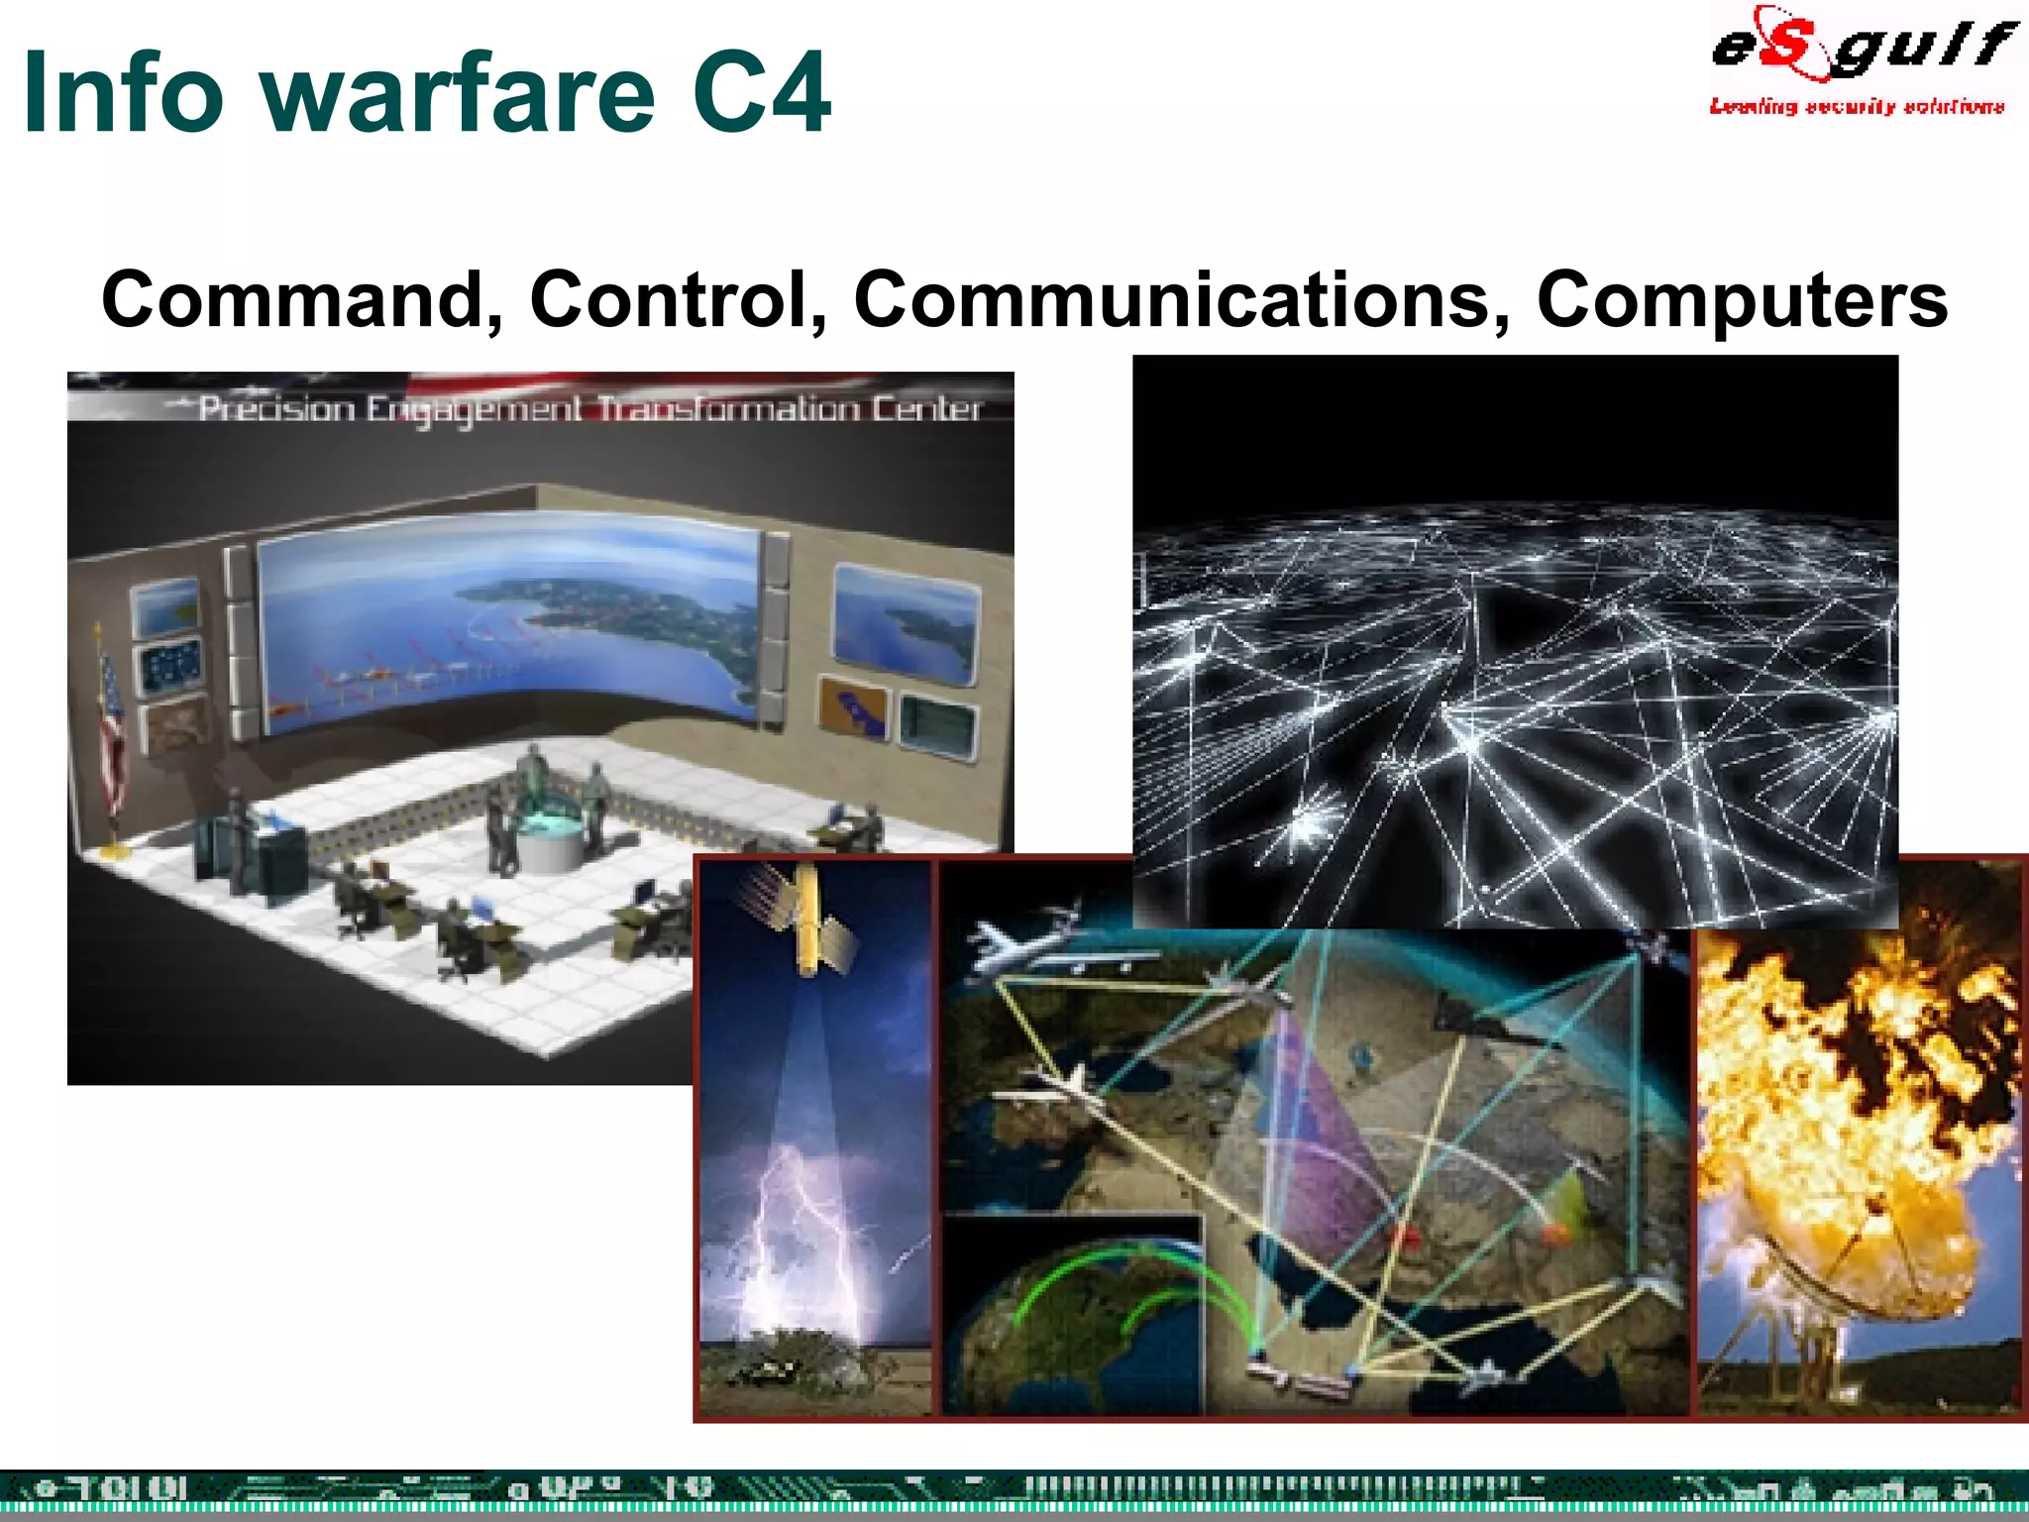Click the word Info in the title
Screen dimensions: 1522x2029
(x=123, y=93)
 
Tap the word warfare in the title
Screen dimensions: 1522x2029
(x=461, y=93)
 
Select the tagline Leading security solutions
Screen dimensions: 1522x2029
(x=1856, y=106)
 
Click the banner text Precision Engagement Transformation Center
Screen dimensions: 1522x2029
(x=589, y=408)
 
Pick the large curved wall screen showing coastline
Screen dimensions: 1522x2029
(x=510, y=624)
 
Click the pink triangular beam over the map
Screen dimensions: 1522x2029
(x=1323, y=1140)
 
